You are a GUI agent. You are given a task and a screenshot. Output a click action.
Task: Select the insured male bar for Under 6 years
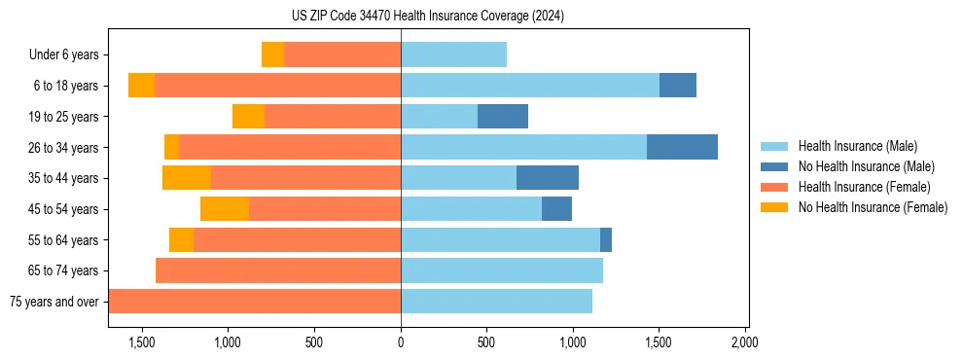click(453, 55)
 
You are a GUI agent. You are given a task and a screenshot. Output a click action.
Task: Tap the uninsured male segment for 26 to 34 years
click(682, 147)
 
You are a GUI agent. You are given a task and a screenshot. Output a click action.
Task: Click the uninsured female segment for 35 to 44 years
click(187, 178)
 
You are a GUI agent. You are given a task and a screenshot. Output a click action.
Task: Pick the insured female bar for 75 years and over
click(255, 301)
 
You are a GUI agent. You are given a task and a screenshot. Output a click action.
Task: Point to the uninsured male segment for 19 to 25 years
click(503, 117)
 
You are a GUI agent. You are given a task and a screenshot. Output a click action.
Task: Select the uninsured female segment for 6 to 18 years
click(142, 86)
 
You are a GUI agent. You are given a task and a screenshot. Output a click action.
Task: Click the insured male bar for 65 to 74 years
click(502, 270)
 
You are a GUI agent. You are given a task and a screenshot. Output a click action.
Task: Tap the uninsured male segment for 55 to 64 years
click(606, 239)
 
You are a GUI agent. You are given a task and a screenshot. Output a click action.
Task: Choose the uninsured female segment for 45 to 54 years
click(225, 208)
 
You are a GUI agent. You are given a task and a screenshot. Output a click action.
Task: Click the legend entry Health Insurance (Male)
click(857, 146)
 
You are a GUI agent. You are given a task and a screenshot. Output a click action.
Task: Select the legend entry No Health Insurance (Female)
click(873, 207)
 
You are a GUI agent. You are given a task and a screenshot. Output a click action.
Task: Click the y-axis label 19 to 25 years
click(64, 117)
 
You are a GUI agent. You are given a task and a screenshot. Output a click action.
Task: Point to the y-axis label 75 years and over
click(53, 302)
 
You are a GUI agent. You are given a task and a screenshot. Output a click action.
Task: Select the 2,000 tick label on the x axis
click(744, 342)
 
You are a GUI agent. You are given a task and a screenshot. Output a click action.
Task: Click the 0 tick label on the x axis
click(401, 342)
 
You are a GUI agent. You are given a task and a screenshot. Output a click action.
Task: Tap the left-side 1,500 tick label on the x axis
click(142, 342)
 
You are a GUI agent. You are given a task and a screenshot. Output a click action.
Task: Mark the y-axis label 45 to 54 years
click(64, 209)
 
